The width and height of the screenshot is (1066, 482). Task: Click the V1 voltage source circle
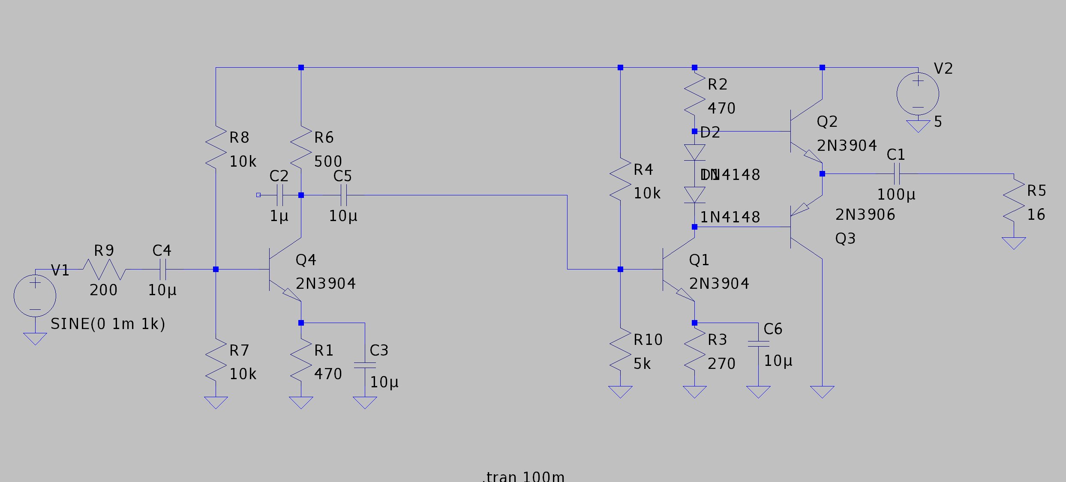[35, 296]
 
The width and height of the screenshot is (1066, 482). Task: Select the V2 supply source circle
[918, 94]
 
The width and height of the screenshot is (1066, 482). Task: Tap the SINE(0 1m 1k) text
[108, 324]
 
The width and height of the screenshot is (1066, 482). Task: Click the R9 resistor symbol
[104, 269]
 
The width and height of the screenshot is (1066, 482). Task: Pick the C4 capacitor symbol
[163, 269]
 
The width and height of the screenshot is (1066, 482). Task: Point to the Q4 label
[306, 260]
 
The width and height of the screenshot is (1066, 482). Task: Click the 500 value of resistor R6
[328, 162]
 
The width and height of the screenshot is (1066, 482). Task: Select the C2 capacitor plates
[280, 195]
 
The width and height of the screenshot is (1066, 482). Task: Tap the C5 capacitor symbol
[344, 195]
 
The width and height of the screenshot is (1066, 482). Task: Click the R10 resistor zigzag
[620, 350]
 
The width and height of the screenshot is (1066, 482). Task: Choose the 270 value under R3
[721, 364]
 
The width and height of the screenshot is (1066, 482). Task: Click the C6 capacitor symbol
[758, 344]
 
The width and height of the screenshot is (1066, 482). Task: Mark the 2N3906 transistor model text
[865, 215]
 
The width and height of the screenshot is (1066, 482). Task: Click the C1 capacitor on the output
[897, 174]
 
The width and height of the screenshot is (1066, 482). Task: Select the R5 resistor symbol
[1014, 200]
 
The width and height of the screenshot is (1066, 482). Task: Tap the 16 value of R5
[1036, 215]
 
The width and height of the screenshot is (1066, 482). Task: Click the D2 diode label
[710, 132]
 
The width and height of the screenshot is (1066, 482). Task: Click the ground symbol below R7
[216, 402]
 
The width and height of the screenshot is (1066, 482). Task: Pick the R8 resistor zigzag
[216, 147]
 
